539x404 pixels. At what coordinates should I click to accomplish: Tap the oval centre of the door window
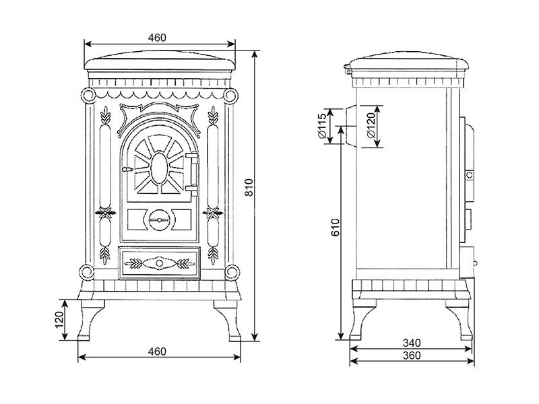pos(159,166)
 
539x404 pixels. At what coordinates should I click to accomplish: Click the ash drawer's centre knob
pos(159,263)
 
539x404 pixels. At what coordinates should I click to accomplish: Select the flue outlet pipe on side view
pos(350,126)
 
